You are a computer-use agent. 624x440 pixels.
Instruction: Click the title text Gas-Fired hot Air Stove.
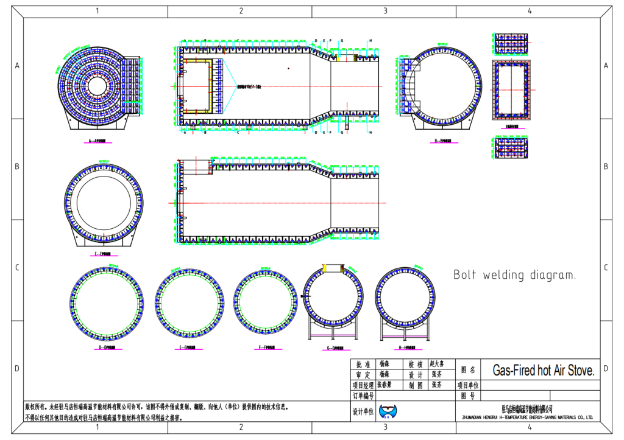pyautogui.click(x=542, y=371)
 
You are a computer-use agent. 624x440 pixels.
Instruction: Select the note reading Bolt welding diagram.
pyautogui.click(x=514, y=275)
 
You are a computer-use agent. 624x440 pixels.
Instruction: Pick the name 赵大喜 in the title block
pyautogui.click(x=437, y=364)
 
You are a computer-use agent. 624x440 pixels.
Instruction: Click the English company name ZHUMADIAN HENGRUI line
pyautogui.click(x=523, y=417)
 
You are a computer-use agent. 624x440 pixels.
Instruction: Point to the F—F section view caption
pyautogui.click(x=266, y=348)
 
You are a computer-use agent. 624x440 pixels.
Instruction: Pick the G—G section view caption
pyautogui.click(x=335, y=348)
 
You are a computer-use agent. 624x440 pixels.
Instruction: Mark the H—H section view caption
pyautogui.click(x=408, y=348)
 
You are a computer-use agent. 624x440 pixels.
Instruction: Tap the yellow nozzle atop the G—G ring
pyautogui.click(x=335, y=268)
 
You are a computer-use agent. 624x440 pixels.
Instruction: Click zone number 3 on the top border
pyautogui.click(x=385, y=10)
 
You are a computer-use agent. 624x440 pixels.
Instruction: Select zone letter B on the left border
pyautogui.click(x=16, y=166)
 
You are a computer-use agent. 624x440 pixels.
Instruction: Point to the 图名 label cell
pyautogui.click(x=468, y=369)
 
